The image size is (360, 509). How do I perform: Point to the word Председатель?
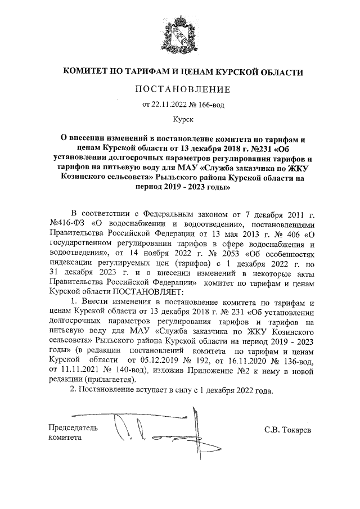pyautogui.click(x=73, y=427)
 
